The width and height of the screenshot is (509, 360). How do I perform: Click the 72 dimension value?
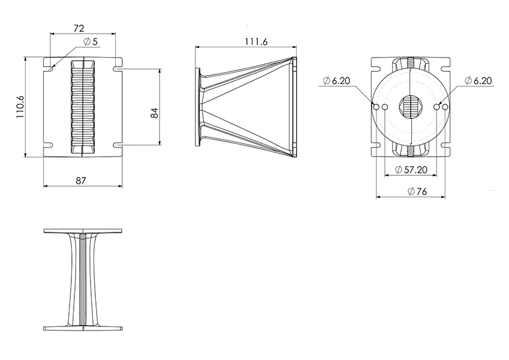coord(79,28)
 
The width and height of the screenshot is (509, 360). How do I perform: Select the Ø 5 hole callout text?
coord(91,41)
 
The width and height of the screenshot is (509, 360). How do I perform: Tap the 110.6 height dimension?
coord(20,107)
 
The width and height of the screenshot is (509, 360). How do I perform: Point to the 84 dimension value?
coord(155,113)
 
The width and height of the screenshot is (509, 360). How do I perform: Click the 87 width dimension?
coord(81,181)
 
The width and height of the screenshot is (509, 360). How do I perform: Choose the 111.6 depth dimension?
coord(256,41)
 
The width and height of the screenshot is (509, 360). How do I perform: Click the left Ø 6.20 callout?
coord(336,80)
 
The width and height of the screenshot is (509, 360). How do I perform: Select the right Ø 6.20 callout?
coord(478,80)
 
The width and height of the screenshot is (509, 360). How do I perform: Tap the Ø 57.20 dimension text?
coord(411,169)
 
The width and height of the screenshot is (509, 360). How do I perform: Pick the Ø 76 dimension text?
coord(417,191)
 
